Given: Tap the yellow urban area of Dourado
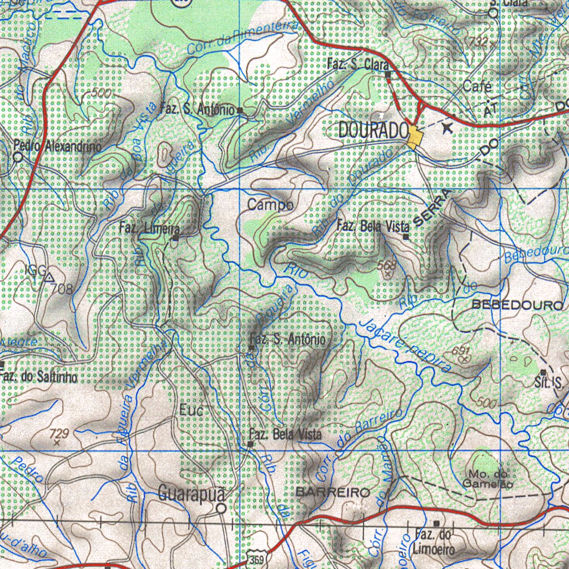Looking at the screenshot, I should click(415, 137).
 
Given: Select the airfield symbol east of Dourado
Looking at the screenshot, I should click(448, 128).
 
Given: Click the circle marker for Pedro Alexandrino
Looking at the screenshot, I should click(18, 157).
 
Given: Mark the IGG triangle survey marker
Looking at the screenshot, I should click(49, 276).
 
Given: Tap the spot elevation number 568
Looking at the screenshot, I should click(386, 265).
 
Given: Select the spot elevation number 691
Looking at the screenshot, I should click(461, 351).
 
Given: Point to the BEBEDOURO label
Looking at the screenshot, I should click(517, 306).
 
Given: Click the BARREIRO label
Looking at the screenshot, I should click(333, 493).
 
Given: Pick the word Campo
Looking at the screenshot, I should click(271, 205).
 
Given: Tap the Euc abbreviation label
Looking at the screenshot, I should click(192, 411).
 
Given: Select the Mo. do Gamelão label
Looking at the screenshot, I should click(488, 478).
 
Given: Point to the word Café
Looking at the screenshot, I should click(477, 87).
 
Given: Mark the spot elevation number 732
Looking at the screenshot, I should click(477, 42).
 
